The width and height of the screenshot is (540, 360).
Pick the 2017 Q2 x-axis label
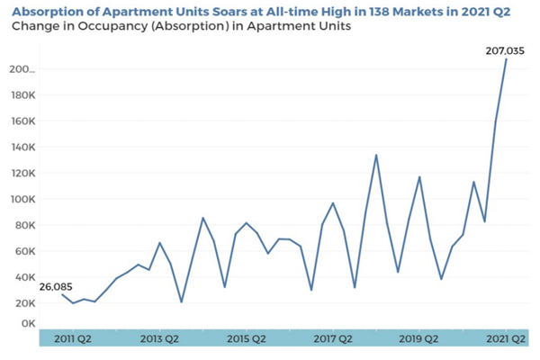(332, 339)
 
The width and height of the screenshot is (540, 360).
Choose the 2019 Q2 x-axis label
(418, 339)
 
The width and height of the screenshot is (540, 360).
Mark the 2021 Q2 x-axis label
(506, 339)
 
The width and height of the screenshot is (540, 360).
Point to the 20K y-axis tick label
(22, 304)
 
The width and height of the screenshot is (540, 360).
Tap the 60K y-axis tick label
(22, 251)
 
